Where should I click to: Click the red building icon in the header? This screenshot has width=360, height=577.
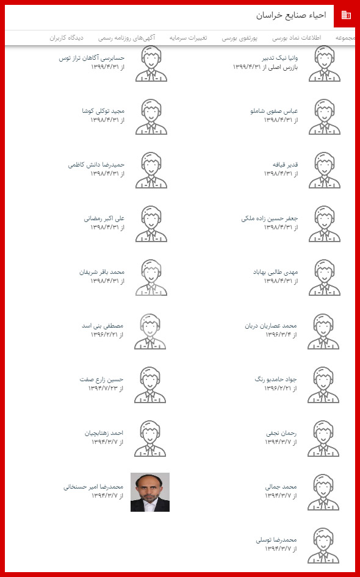(346, 15)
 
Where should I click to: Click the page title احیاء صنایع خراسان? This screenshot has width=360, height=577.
(291, 15)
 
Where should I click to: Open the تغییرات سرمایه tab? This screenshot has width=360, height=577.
(189, 38)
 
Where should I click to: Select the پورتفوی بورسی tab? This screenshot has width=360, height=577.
(239, 38)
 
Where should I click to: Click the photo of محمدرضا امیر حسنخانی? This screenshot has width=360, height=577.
(150, 492)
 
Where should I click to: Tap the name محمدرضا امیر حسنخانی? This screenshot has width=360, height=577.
(94, 487)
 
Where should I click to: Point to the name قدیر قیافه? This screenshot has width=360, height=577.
(285, 165)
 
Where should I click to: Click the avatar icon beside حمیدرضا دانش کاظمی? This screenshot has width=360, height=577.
(150, 170)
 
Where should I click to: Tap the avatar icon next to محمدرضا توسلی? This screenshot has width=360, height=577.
(324, 545)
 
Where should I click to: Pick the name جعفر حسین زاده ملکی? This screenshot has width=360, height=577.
(269, 218)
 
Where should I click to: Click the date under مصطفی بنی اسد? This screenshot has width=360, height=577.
(107, 335)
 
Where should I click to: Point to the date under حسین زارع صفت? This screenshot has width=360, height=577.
(106, 389)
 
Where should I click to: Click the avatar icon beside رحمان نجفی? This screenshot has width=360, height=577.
(324, 438)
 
